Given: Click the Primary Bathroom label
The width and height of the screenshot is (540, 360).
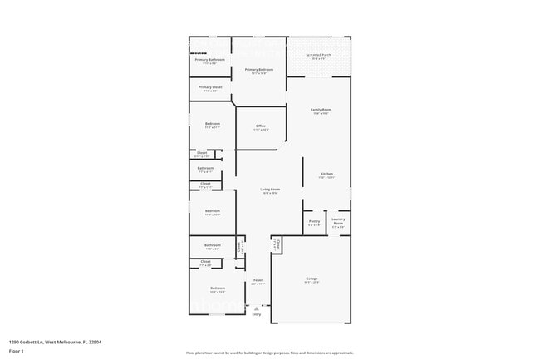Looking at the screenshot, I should click(210, 60).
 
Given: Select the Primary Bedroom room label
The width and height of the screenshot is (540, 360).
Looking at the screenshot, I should click(259, 70).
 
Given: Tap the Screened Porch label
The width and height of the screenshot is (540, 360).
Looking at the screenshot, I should click(319, 56).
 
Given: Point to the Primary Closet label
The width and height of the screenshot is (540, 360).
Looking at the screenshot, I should click(210, 86).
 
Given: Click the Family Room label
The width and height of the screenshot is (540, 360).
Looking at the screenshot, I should click(321, 110).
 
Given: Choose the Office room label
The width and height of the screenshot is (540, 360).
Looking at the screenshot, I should click(260, 126).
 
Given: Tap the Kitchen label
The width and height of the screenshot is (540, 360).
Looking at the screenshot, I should click(326, 174).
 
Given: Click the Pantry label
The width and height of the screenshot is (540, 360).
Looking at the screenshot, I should click(314, 221).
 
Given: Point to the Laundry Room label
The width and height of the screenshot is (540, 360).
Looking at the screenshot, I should click(338, 221).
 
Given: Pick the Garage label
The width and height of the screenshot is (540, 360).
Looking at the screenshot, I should click(312, 279).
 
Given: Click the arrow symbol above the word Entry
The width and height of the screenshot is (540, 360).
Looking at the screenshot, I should click(256, 308).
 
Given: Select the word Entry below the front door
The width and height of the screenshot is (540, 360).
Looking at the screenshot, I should click(256, 314).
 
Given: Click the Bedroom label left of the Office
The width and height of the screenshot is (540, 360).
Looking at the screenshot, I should click(212, 124).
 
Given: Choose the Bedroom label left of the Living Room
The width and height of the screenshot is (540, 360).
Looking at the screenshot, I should click(212, 210).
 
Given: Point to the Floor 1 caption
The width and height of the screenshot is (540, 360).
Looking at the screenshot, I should click(17, 352).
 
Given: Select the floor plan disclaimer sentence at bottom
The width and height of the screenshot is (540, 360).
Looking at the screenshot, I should click(269, 353).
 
